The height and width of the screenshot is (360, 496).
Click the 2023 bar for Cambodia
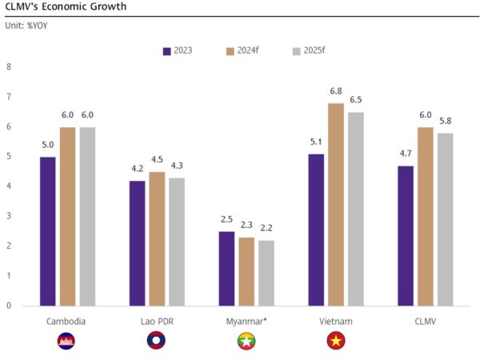click(48, 231)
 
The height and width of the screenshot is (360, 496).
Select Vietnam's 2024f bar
click(336, 204)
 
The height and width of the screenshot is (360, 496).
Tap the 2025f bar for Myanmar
click(266, 273)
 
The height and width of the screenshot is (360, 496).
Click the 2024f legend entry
click(242, 50)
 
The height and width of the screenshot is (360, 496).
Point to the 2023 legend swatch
click(167, 50)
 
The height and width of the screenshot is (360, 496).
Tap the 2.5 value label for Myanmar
click(227, 218)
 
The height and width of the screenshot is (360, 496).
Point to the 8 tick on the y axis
click(9, 66)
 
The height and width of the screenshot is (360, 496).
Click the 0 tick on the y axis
click(9, 306)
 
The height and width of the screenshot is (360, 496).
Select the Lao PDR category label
click(156, 321)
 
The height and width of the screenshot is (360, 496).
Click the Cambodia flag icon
click(66, 342)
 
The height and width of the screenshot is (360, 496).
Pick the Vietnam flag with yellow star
click(335, 342)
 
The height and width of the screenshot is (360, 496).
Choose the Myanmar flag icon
click(246, 342)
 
